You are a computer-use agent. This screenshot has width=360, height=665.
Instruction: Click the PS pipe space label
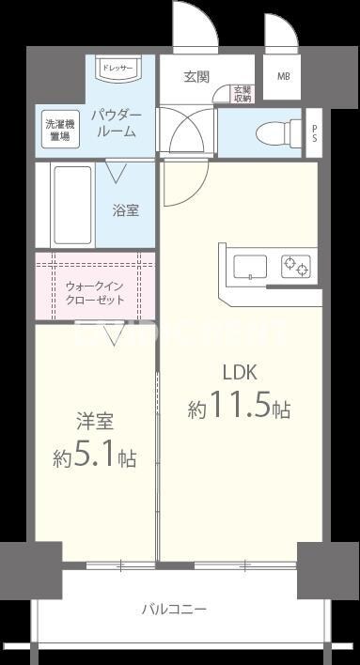coord(315,131)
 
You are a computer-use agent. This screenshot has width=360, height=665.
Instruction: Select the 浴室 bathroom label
coord(126,210)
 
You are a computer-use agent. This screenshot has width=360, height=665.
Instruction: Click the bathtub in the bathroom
coord(71,207)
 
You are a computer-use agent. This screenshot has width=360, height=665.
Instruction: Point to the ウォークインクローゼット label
coord(92,292)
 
